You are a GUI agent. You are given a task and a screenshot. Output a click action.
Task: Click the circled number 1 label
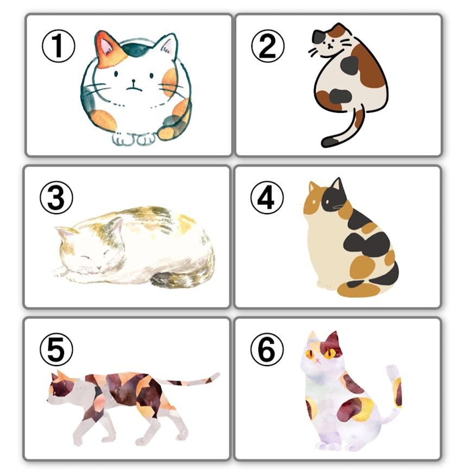click(58, 46)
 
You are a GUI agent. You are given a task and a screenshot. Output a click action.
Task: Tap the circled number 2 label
click(268, 46)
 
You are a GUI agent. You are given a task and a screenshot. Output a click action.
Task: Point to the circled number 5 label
click(56, 350)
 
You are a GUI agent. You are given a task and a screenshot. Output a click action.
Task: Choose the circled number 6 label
click(267, 350)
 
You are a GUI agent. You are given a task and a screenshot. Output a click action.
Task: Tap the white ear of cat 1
click(167, 46)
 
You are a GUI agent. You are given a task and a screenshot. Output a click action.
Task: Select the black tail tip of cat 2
click(330, 141)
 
